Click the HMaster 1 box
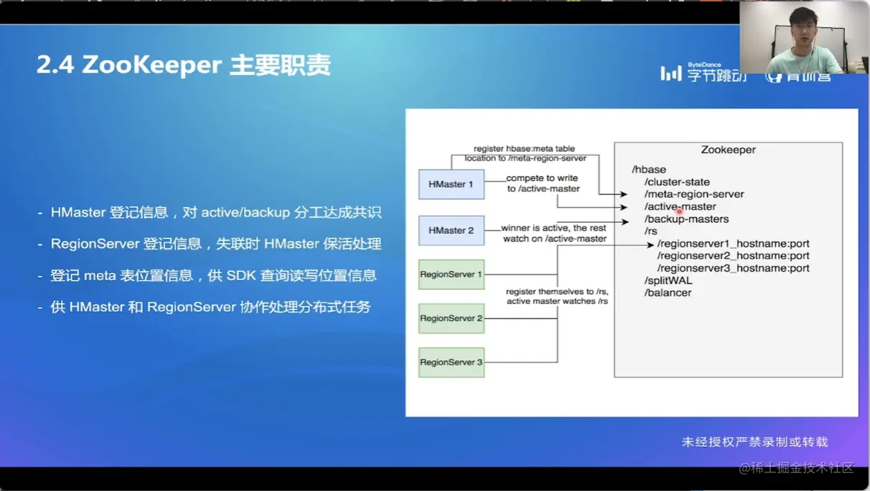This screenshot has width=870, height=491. pyautogui.click(x=451, y=184)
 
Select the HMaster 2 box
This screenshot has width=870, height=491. pyautogui.click(x=451, y=230)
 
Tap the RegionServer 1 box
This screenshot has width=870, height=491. pyautogui.click(x=451, y=274)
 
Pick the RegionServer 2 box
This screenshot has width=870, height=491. pyautogui.click(x=451, y=318)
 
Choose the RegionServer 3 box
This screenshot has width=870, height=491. pyautogui.click(x=451, y=362)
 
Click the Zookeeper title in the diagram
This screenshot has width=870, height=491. pyautogui.click(x=728, y=150)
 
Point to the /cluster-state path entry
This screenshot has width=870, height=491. pyautogui.click(x=677, y=182)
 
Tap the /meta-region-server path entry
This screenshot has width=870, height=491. pyautogui.click(x=694, y=194)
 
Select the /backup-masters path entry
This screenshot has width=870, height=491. pyautogui.click(x=686, y=219)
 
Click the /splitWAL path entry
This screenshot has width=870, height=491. pyautogui.click(x=668, y=280)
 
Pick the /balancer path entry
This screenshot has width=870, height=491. pyautogui.click(x=668, y=293)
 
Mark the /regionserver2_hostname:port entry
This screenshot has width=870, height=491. pyautogui.click(x=733, y=256)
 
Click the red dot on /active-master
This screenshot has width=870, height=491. pyautogui.click(x=679, y=211)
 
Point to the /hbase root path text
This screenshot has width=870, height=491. pyautogui.click(x=649, y=170)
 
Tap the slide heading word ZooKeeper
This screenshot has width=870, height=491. pyautogui.click(x=152, y=65)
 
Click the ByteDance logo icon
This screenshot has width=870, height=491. pyautogui.click(x=670, y=73)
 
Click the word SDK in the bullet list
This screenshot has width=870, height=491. pyautogui.click(x=267, y=275)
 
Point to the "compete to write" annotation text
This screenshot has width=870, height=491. pyautogui.click(x=542, y=178)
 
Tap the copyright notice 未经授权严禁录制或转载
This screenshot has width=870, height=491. pyautogui.click(x=754, y=441)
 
